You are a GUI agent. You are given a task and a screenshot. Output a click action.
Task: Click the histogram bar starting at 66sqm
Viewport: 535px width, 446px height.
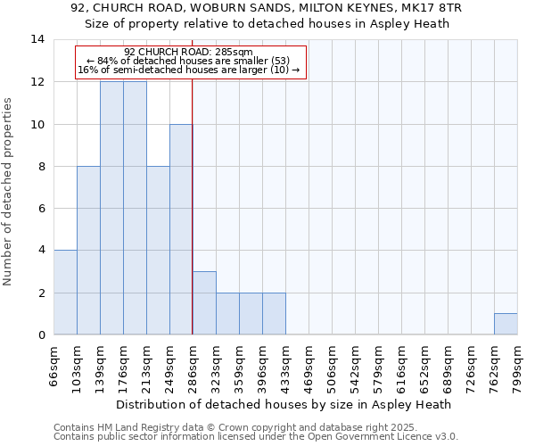[x=65, y=293]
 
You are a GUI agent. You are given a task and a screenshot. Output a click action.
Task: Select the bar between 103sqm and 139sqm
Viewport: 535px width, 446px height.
[x=88, y=251]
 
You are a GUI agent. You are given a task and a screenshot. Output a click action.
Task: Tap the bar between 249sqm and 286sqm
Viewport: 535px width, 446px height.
[x=181, y=229]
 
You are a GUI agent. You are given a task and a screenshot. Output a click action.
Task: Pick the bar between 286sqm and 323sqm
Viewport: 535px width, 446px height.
[x=204, y=303]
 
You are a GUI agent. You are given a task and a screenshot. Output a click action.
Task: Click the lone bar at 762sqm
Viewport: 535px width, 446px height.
[x=506, y=324]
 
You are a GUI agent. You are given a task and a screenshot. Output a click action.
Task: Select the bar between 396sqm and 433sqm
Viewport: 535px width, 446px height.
[x=274, y=314]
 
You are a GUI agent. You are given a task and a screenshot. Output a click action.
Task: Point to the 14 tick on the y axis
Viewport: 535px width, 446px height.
[x=37, y=39]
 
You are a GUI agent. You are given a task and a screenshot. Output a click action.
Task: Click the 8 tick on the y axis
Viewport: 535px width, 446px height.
[x=41, y=166]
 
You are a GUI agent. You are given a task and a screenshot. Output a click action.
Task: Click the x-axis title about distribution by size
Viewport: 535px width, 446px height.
[x=284, y=404]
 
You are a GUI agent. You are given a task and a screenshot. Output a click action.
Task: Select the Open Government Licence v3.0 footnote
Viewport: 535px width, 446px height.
[x=256, y=437]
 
